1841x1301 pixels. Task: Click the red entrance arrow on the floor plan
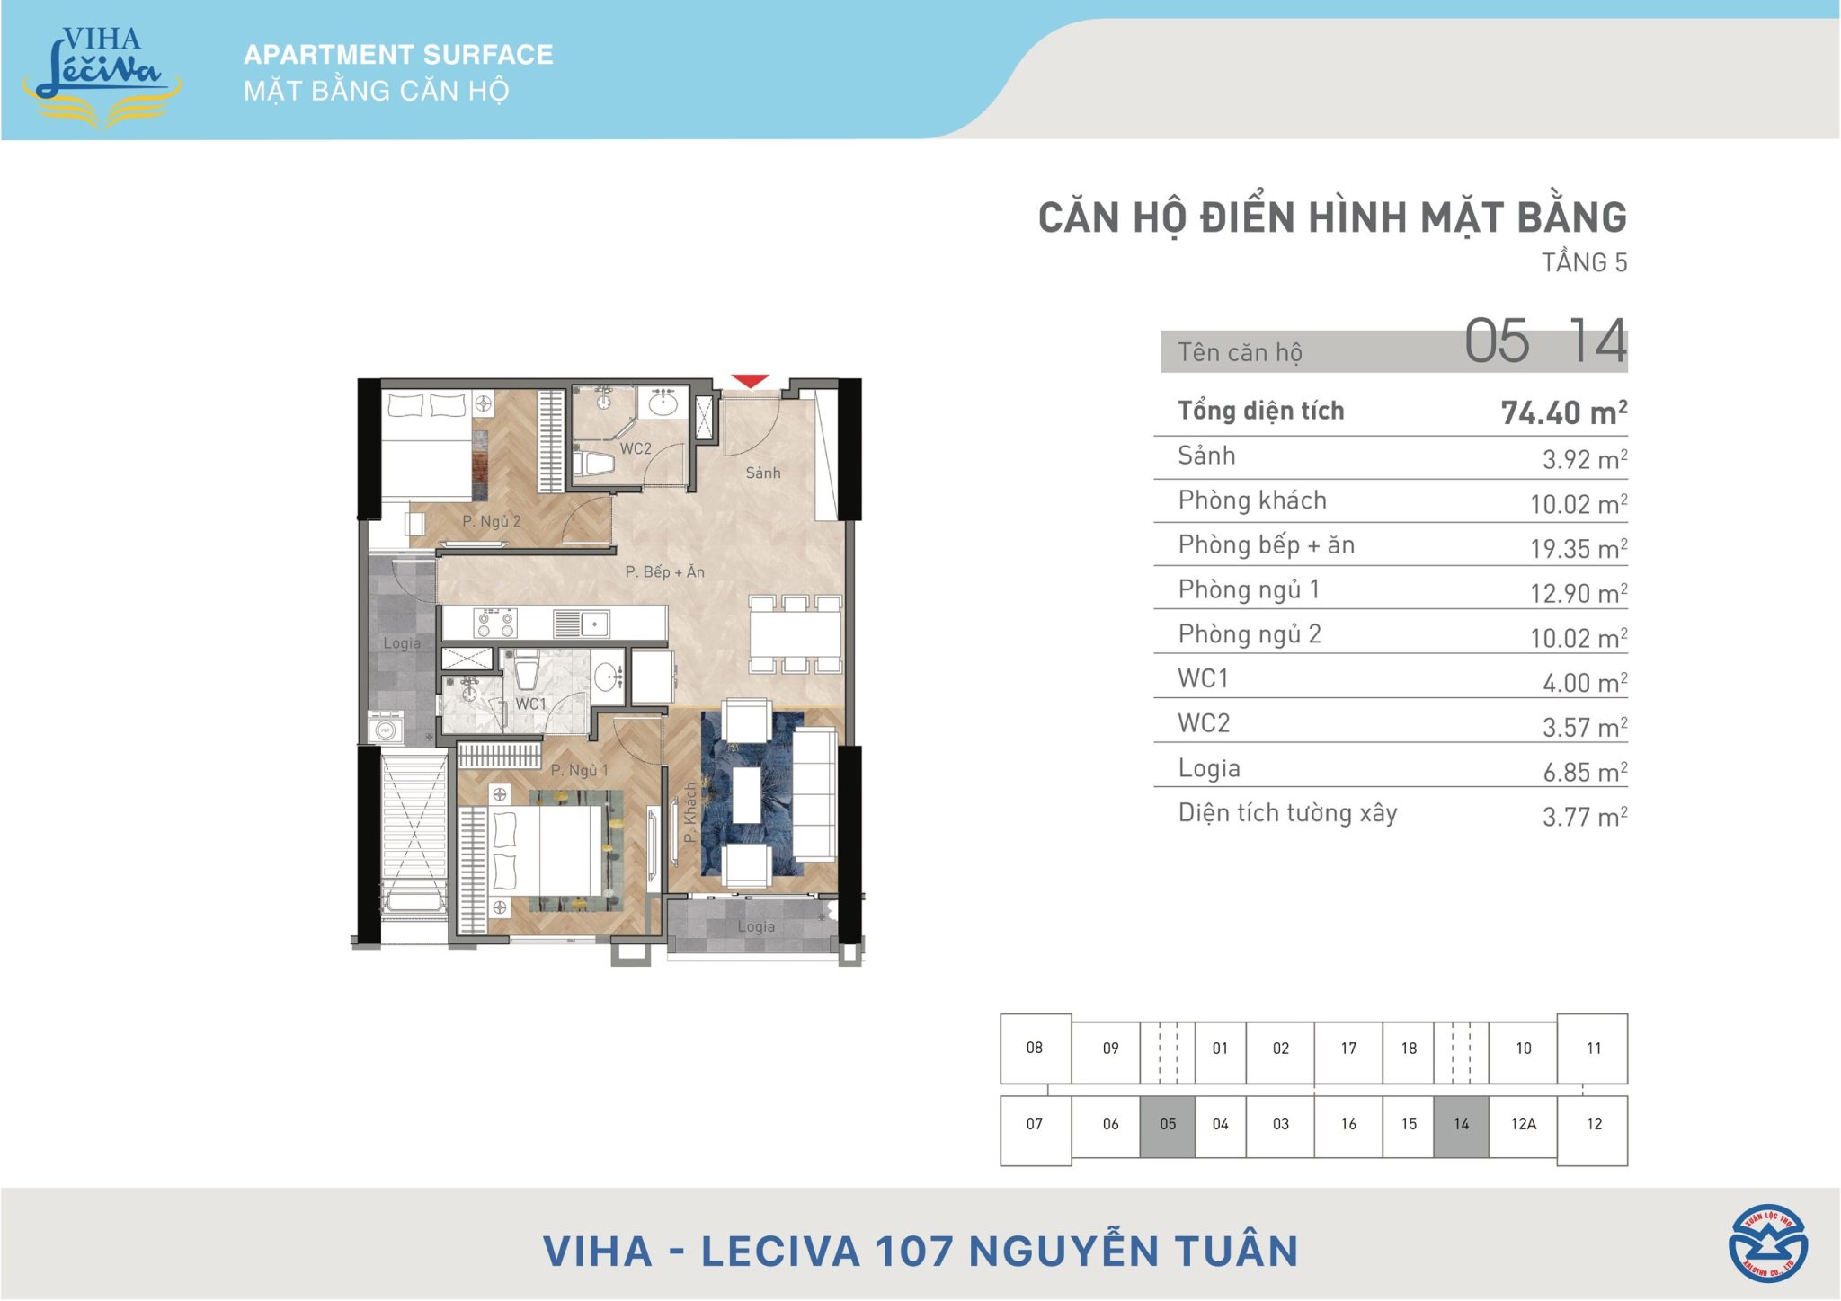click(x=750, y=382)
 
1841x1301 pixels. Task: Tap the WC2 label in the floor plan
click(x=636, y=448)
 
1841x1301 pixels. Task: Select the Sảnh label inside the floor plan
click(x=763, y=473)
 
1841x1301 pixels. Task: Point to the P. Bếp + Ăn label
click(x=665, y=571)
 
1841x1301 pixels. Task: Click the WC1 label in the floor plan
click(x=530, y=704)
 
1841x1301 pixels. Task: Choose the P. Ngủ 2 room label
click(x=492, y=521)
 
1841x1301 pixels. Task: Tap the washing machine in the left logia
click(x=386, y=729)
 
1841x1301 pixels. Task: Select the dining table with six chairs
click(x=796, y=633)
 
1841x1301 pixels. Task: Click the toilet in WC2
click(x=593, y=464)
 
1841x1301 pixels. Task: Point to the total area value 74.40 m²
click(x=1564, y=412)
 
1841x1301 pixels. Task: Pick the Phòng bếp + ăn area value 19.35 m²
click(x=1579, y=548)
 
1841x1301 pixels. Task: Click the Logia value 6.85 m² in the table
click(x=1585, y=772)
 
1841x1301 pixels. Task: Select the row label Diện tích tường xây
click(x=1287, y=813)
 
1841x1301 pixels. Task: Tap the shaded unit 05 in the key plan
click(x=1168, y=1124)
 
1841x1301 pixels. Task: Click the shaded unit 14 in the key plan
click(x=1462, y=1124)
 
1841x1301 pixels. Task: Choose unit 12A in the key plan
click(x=1524, y=1124)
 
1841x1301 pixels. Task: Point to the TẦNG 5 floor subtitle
click(x=1584, y=262)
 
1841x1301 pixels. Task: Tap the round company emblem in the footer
click(x=1768, y=1243)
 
